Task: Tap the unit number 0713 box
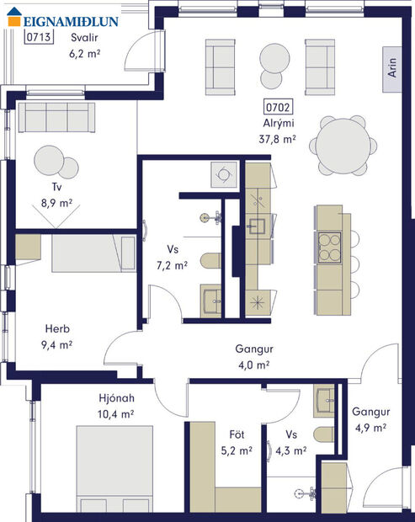pos(40,37)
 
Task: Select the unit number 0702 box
pos(278,107)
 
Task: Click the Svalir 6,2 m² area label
pos(84,45)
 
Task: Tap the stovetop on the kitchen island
pos(327,248)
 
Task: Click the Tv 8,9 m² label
pos(57,195)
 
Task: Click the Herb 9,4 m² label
pos(58,336)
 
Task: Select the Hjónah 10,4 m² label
pos(115,406)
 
